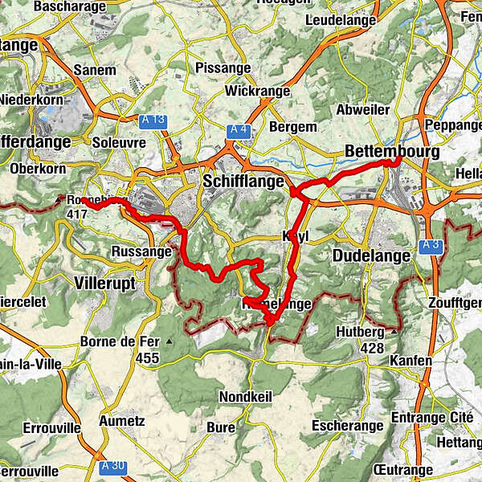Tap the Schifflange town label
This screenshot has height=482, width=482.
[244, 182]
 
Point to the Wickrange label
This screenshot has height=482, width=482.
[257, 92]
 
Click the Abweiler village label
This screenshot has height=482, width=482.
[364, 110]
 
